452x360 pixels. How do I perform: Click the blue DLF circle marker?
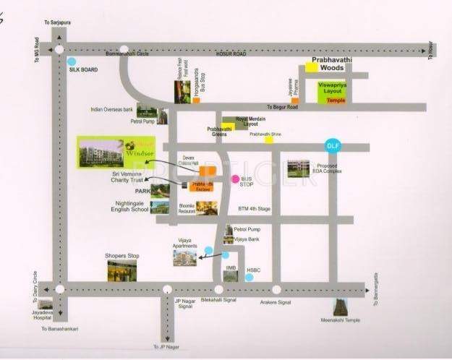tap(333, 146)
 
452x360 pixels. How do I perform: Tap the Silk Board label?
tap(83, 70)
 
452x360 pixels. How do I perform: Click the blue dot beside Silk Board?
tap(72, 61)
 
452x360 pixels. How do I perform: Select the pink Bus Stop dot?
tap(234, 179)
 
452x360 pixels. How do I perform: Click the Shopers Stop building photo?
tap(122, 270)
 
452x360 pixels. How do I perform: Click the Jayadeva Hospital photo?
tap(46, 305)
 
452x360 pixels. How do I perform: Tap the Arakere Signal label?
tap(275, 303)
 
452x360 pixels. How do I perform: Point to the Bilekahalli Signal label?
tap(218, 298)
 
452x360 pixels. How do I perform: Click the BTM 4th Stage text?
tap(254, 210)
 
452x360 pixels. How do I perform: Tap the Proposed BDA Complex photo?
tap(298, 168)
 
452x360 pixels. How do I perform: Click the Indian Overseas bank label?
tap(112, 110)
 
